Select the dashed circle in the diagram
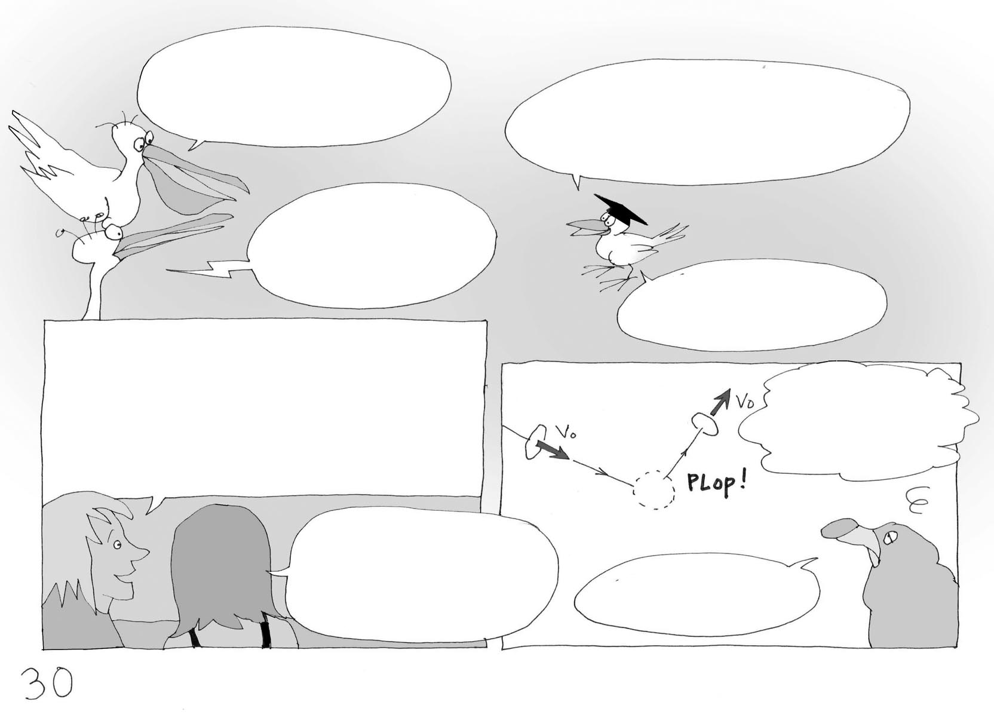654,490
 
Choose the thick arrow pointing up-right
720,402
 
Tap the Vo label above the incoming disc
566,431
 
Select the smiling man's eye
117,544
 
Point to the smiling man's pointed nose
142,553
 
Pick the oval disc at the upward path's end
705,422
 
